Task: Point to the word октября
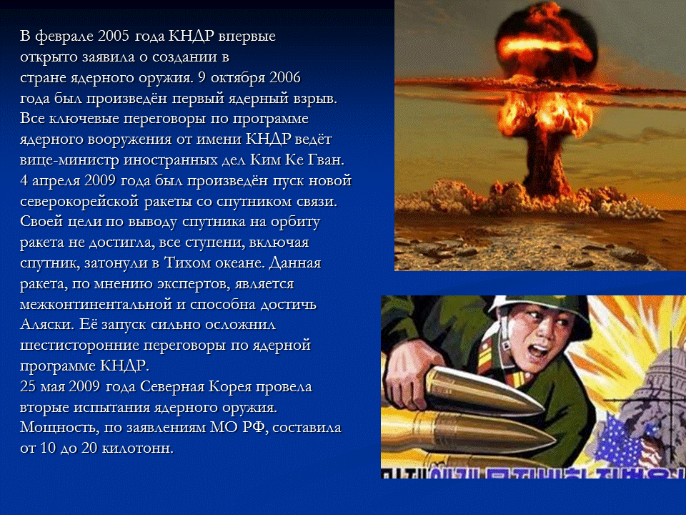pyautogui.click(x=236, y=77)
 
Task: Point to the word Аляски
pyautogui.click(x=45, y=323)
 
